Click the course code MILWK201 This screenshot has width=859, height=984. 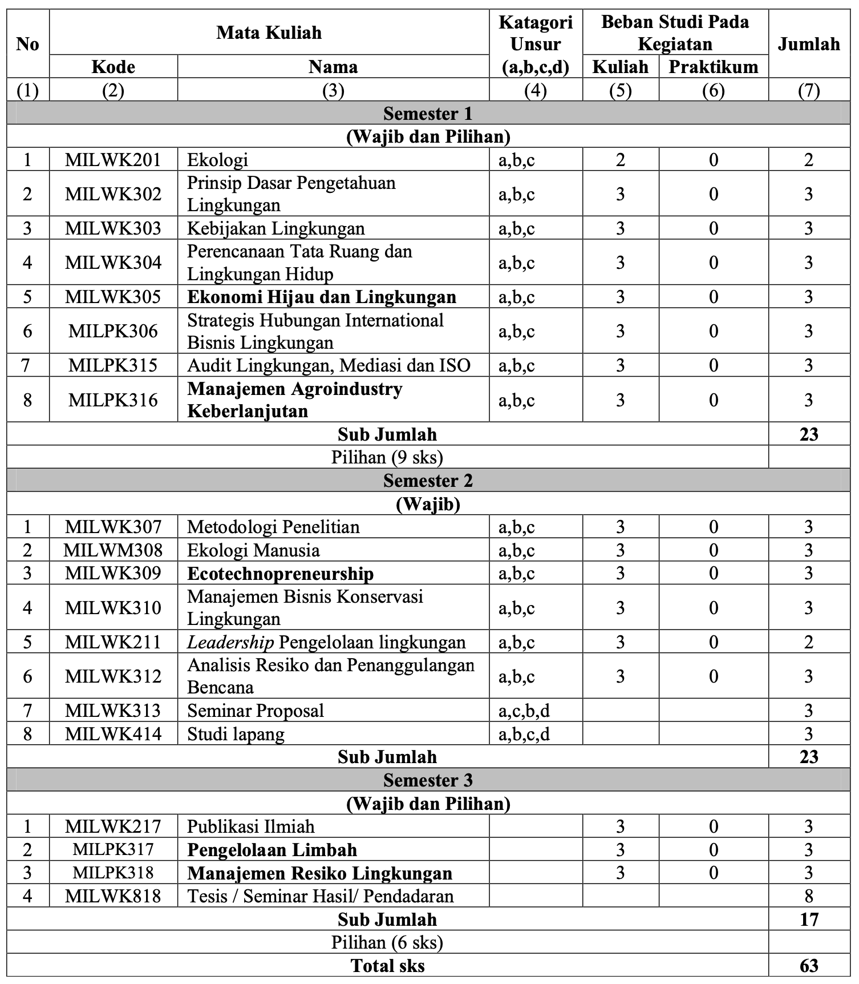113,160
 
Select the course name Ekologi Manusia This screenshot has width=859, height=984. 253,550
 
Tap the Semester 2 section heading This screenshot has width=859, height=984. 428,481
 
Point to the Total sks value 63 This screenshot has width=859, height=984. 809,966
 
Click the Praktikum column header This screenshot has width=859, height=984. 713,67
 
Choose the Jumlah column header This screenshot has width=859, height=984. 809,44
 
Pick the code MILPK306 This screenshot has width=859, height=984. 113,331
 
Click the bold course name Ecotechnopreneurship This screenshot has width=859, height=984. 280,574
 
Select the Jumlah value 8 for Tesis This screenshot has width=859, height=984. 809,896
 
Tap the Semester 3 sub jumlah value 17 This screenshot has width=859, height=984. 809,920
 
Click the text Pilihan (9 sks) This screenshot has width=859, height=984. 387,457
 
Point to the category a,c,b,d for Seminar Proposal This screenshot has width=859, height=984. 524,711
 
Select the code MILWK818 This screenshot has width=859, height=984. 113,896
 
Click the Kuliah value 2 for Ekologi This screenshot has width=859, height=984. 621,160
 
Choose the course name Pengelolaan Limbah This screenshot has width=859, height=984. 272,850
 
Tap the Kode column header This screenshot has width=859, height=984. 113,67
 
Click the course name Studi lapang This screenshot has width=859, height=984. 236,734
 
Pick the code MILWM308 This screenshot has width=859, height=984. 113,550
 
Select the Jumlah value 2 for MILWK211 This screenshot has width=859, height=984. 809,642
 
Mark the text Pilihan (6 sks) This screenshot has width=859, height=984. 387,942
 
